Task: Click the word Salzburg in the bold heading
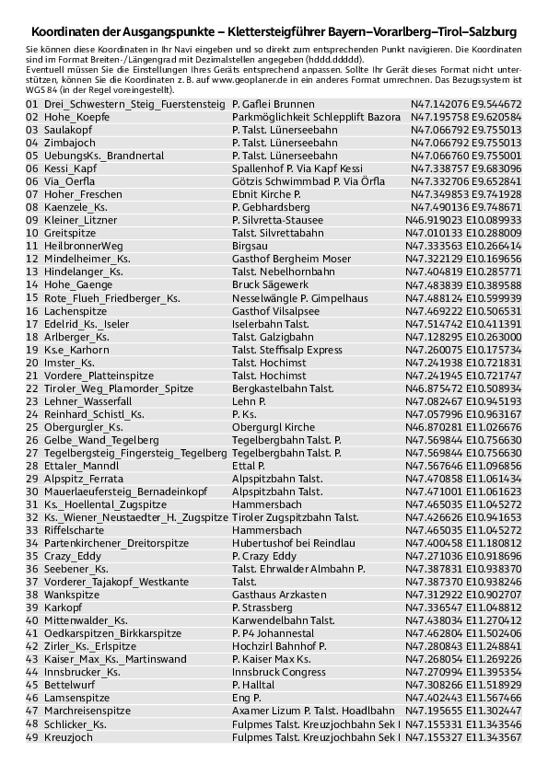pyautogui.click(x=491, y=31)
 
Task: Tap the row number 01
pyautogui.click(x=32, y=105)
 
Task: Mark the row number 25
pyautogui.click(x=32, y=427)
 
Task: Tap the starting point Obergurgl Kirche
pyautogui.click(x=274, y=427)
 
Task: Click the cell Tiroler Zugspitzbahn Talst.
pyautogui.click(x=295, y=517)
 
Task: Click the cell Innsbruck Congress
pyautogui.click(x=278, y=672)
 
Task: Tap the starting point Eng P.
pyautogui.click(x=246, y=698)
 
